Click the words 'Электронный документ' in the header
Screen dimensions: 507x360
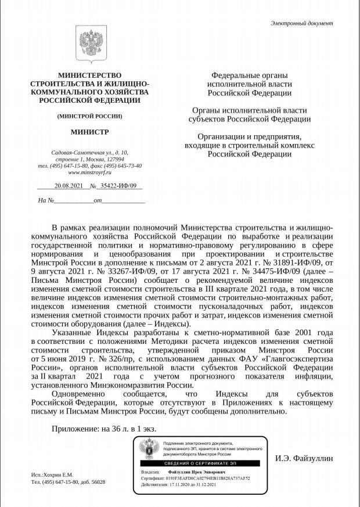pos(302,23)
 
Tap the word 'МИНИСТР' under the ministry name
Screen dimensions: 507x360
pos(89,132)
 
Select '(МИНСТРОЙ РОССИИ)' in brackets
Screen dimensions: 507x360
pos(89,116)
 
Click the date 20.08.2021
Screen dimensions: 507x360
pos(69,186)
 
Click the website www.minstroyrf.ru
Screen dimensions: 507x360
pos(89,172)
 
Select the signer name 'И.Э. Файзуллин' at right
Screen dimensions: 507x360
pos(304,459)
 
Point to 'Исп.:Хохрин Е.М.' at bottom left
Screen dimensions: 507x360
pos(52,474)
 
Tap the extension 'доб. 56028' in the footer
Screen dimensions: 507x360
pos(91,483)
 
